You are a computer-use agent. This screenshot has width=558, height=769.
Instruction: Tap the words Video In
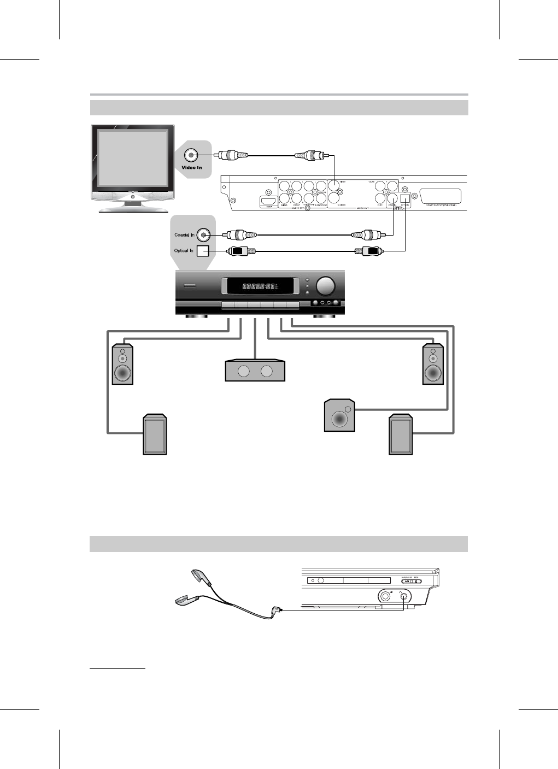(192, 167)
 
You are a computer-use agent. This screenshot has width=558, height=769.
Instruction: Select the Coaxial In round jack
(204, 235)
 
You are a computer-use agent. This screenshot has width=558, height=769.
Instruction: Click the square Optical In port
(203, 251)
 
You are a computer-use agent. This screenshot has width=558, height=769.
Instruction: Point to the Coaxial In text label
(185, 235)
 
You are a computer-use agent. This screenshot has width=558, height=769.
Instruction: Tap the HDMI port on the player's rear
(268, 202)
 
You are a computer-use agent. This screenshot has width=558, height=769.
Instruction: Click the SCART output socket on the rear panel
(438, 197)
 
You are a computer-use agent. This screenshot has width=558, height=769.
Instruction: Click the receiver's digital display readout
(258, 286)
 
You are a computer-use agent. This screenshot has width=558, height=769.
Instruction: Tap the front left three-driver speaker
(122, 364)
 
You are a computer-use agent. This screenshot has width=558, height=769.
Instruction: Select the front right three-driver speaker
(433, 364)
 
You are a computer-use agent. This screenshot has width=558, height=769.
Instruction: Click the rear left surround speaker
(155, 435)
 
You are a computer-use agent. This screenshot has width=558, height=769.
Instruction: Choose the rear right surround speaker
(400, 435)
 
